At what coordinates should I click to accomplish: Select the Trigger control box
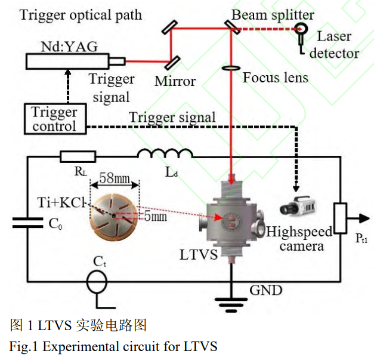(x=54, y=119)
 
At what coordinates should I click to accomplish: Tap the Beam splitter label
(x=272, y=13)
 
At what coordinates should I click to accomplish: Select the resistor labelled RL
(x=78, y=157)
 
